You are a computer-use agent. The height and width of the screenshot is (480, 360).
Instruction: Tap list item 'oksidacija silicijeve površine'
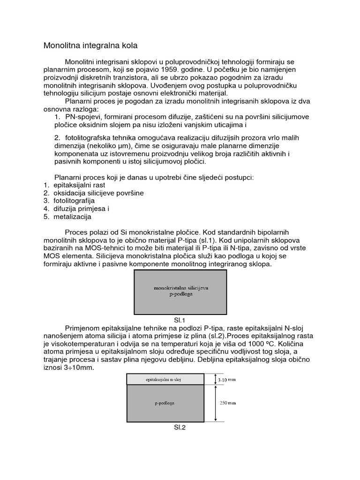pos(98,193)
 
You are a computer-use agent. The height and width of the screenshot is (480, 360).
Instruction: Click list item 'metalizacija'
pos(72,217)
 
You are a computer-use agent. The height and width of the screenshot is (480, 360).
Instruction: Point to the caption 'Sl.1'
pos(180,320)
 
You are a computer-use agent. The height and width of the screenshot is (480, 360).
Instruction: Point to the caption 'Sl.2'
pos(180,427)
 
